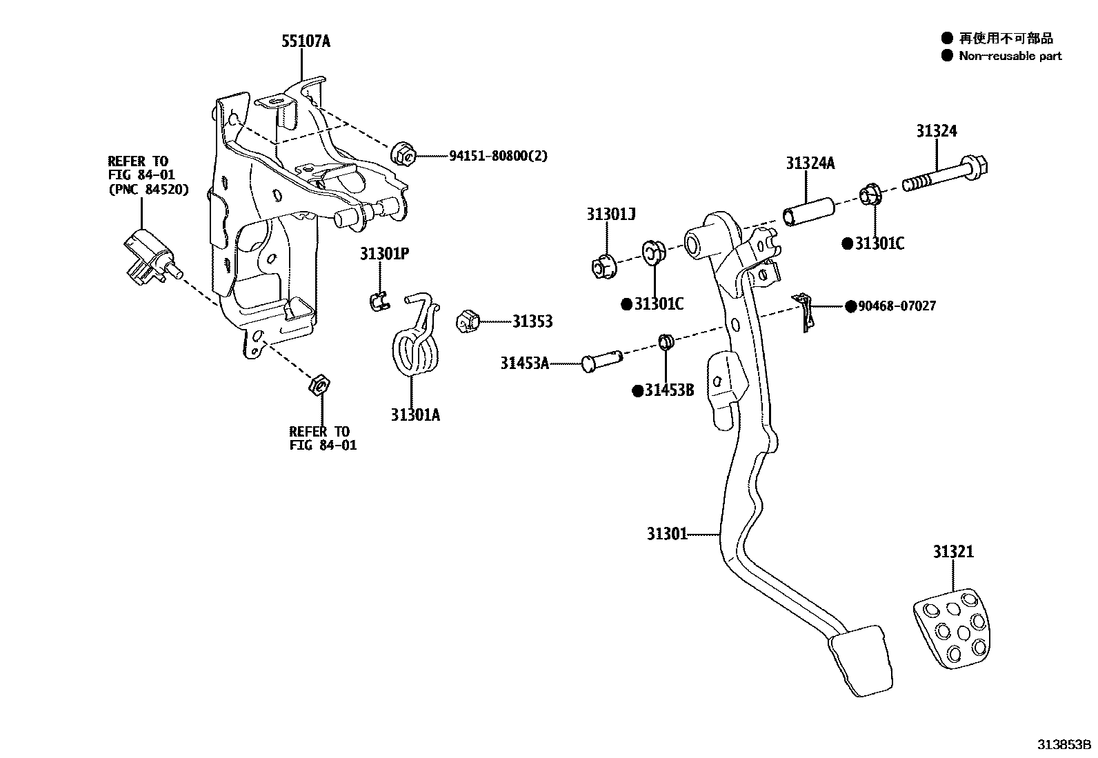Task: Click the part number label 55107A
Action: (306, 41)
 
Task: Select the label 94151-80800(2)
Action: (498, 156)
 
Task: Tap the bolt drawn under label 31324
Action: (945, 176)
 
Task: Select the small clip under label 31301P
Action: (377, 301)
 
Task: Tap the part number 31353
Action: (532, 321)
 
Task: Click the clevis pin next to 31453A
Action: (601, 361)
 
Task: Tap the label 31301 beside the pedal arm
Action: (667, 533)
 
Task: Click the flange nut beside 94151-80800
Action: (403, 155)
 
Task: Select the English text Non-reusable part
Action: (1010, 56)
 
